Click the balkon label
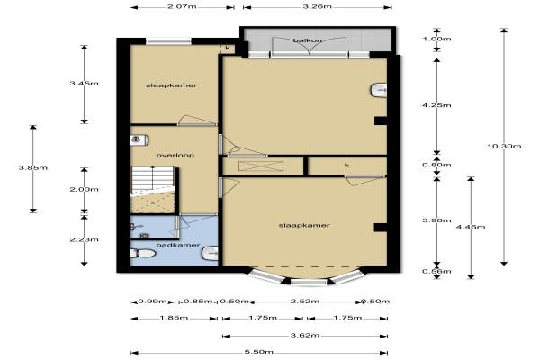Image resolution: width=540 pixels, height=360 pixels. pyautogui.click(x=308, y=40)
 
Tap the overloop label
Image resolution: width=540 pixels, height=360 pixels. pyautogui.click(x=175, y=156)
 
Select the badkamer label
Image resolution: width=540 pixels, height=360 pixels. pyautogui.click(x=178, y=245)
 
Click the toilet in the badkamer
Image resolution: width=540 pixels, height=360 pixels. pyautogui.click(x=142, y=254)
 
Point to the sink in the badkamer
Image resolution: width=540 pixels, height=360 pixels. pyautogui.click(x=210, y=254)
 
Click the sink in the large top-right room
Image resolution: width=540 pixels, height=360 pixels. pyautogui.click(x=379, y=91)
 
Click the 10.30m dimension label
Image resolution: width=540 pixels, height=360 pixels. pyautogui.click(x=504, y=146)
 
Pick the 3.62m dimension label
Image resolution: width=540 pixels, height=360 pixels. pyautogui.click(x=305, y=335)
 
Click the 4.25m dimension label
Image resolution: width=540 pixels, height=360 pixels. pyautogui.click(x=436, y=105)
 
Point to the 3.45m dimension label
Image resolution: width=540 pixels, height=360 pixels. pyautogui.click(x=84, y=84)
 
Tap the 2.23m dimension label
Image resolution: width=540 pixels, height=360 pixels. pyautogui.click(x=84, y=239)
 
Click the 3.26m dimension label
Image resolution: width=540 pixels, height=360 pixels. pyautogui.click(x=317, y=6)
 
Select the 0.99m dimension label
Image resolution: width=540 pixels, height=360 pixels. pyautogui.click(x=152, y=301)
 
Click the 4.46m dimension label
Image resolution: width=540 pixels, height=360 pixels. pyautogui.click(x=471, y=227)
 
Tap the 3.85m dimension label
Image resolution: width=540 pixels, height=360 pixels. pyautogui.click(x=33, y=168)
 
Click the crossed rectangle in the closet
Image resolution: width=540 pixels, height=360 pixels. pyautogui.click(x=261, y=166)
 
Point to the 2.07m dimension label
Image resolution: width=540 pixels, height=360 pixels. pyautogui.click(x=182, y=6)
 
